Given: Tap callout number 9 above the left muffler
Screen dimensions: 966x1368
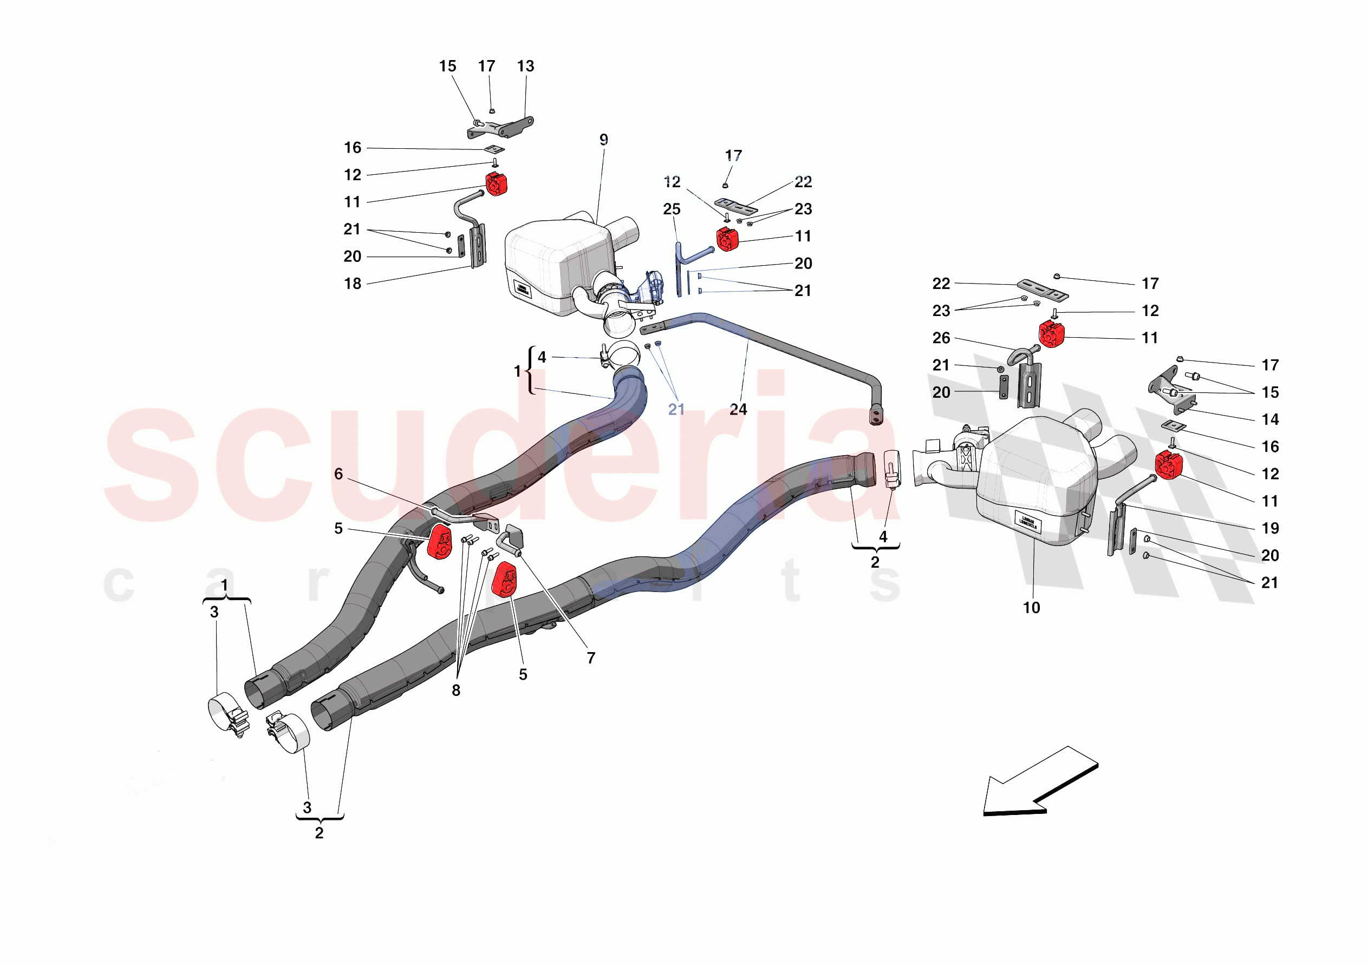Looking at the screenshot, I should [603, 140].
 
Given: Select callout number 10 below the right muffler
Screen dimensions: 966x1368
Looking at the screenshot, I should [1031, 608].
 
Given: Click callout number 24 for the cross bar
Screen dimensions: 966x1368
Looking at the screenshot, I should [738, 409].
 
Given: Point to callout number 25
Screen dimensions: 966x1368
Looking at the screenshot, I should [672, 209].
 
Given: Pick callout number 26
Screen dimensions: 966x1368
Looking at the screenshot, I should [941, 338].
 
